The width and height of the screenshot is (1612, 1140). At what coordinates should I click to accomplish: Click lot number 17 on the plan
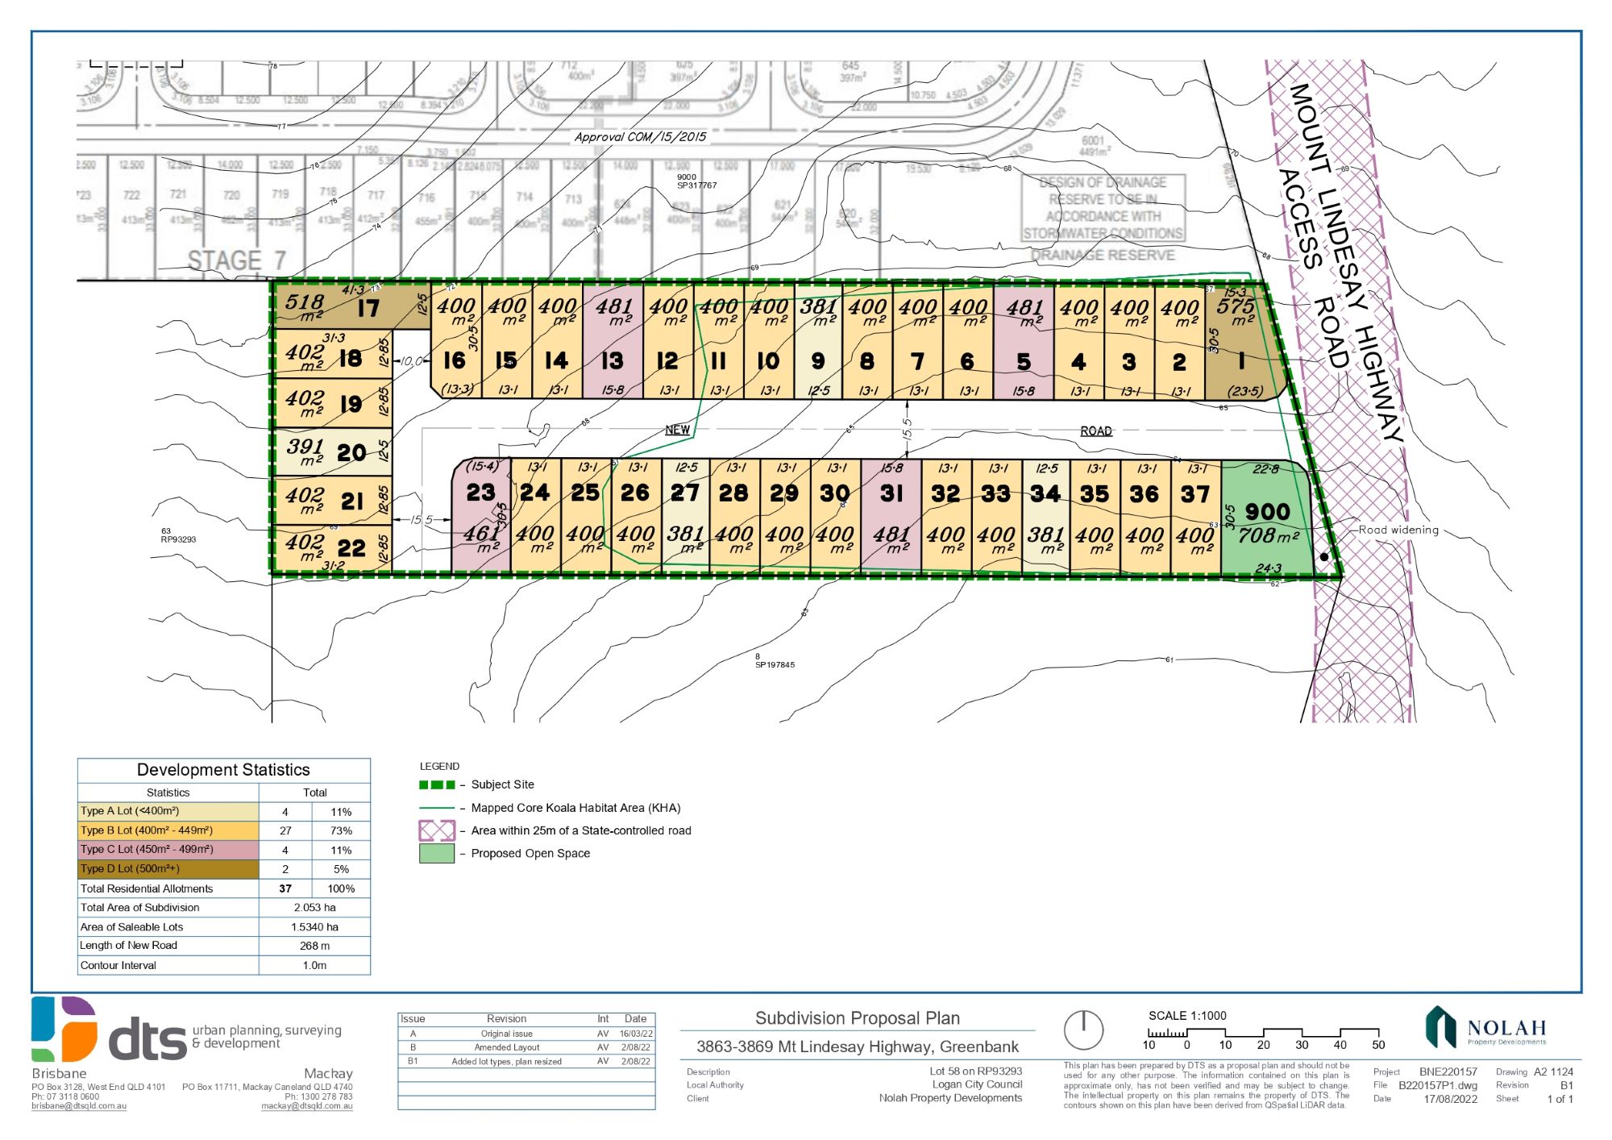[368, 308]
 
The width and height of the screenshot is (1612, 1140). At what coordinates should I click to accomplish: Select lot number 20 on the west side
[351, 452]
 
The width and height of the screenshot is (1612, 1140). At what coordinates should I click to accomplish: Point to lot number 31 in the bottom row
[891, 493]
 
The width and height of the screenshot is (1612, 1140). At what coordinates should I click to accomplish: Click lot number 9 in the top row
[818, 360]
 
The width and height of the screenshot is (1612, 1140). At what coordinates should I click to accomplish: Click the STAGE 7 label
[236, 260]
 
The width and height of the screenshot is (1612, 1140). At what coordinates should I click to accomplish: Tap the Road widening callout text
[1398, 530]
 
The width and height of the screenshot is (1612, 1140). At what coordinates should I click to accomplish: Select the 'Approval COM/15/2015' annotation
[640, 137]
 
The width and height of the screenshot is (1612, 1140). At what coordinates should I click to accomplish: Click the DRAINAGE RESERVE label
[1103, 256]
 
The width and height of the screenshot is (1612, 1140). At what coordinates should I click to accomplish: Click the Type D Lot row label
[130, 869]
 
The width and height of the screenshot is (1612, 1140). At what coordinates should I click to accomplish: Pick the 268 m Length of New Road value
[314, 946]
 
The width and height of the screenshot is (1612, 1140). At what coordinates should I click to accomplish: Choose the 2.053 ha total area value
[314, 908]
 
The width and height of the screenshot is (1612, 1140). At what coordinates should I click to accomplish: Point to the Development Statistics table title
[223, 770]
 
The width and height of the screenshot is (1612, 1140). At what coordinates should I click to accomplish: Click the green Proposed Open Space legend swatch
[437, 854]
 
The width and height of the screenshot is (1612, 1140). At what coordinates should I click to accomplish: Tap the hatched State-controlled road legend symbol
[437, 830]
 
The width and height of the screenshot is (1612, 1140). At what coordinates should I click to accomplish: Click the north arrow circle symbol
[1083, 1030]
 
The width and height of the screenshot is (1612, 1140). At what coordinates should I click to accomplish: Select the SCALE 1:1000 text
[1187, 1016]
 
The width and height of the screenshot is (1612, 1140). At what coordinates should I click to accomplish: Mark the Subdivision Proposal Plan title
[857, 1018]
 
